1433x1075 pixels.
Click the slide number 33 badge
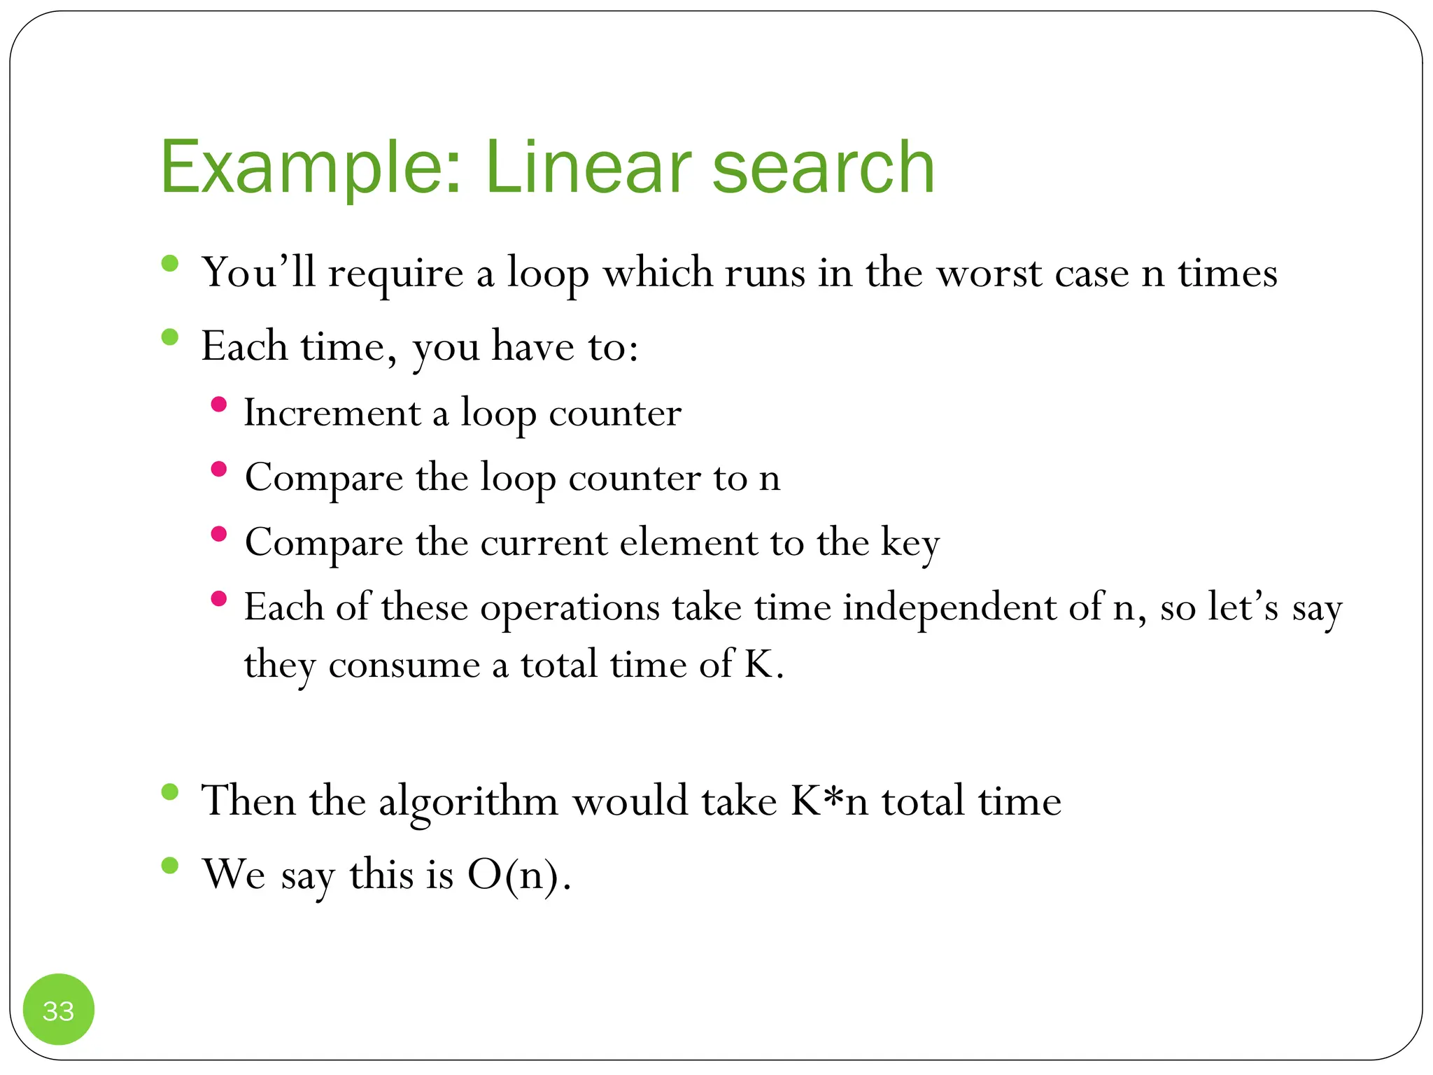pos(59,1010)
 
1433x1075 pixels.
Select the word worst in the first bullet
pos(989,273)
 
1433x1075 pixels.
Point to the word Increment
pos(332,413)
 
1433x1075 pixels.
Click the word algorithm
pos(468,802)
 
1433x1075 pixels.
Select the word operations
pos(570,608)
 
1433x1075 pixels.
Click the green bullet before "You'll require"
pos(169,264)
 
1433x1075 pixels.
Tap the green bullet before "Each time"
pos(169,338)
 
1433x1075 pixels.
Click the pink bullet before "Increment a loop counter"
pos(218,405)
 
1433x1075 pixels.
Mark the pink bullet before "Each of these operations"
pos(218,598)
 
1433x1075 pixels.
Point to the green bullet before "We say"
pos(169,866)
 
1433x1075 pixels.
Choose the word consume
pos(404,665)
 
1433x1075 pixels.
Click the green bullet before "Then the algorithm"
pos(169,792)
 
